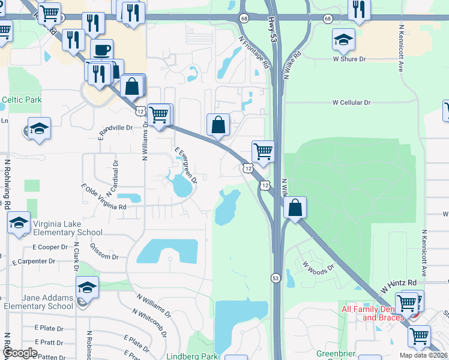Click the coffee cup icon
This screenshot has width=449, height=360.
(102, 49)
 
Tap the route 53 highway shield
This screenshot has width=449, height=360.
(276, 278)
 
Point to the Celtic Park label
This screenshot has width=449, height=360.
(21, 100)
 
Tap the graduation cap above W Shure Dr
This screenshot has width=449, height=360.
(343, 40)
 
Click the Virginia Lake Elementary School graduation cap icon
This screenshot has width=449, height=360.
(19, 223)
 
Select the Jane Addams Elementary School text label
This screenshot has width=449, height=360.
(39, 302)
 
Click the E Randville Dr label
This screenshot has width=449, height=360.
(115, 128)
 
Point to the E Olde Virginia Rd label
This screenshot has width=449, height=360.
(103, 197)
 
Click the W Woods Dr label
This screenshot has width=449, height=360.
(318, 265)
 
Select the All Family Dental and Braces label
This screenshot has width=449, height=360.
(373, 313)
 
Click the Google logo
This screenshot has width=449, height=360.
(20, 353)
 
